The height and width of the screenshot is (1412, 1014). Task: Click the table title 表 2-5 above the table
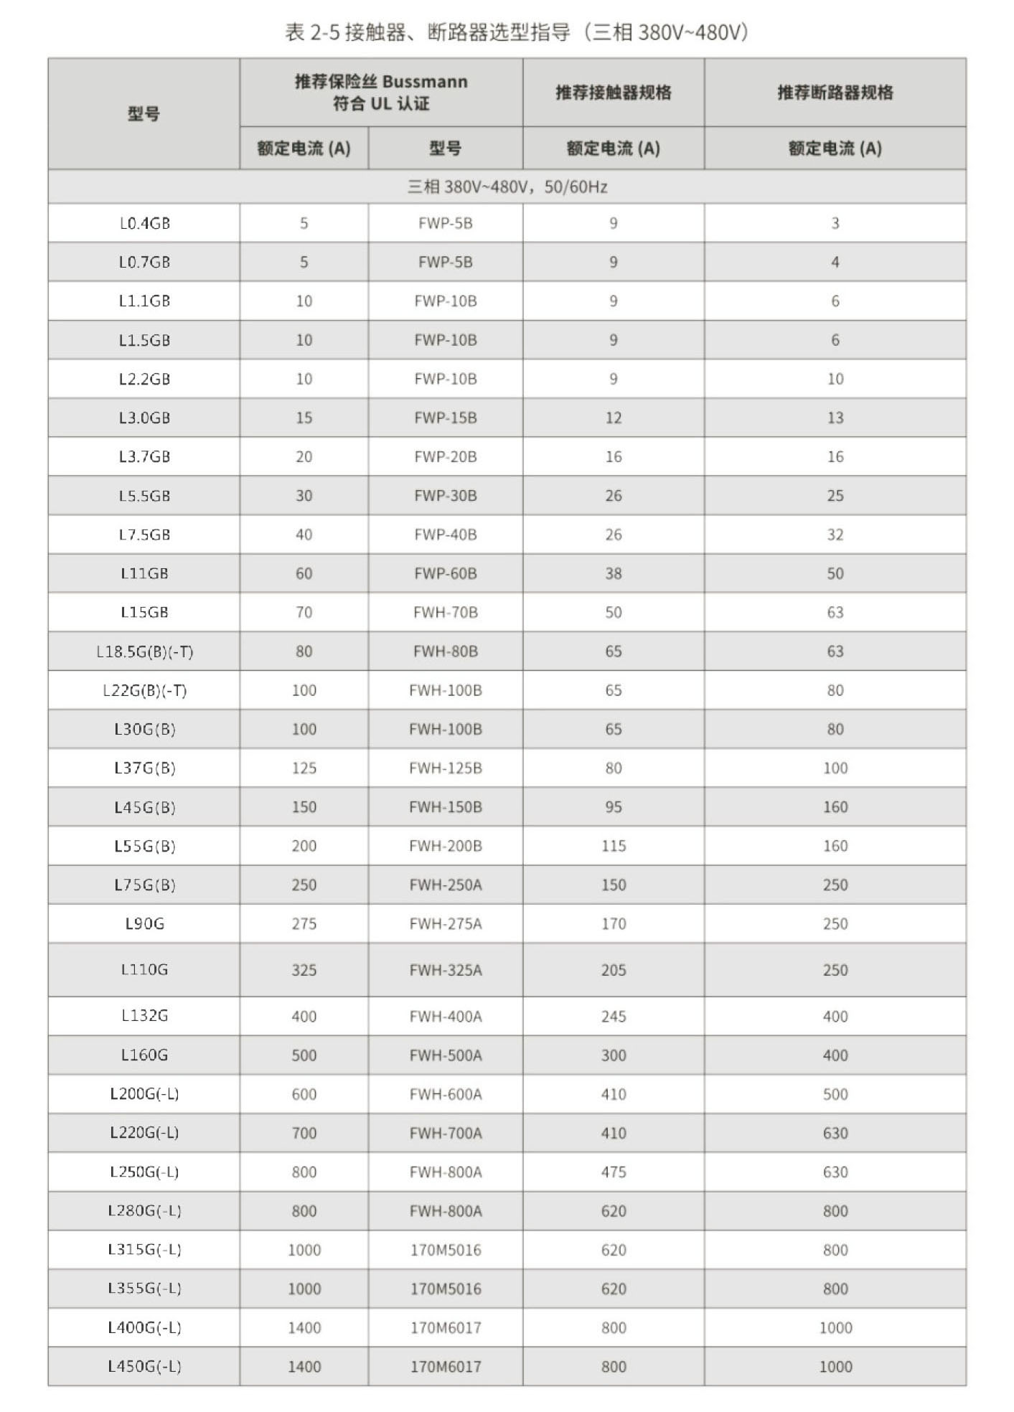click(x=516, y=32)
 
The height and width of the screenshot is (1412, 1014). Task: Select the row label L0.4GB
click(x=144, y=223)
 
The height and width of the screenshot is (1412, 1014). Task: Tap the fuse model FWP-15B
click(x=445, y=418)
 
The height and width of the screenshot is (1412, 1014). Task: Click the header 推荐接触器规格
click(x=613, y=93)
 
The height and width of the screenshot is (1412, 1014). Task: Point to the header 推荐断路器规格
click(x=835, y=93)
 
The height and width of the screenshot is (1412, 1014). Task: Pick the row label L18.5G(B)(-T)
click(x=144, y=651)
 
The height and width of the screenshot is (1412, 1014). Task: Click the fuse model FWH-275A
click(x=445, y=923)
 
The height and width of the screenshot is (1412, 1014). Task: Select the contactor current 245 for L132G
click(x=613, y=1016)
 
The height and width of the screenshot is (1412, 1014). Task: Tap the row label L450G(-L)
click(x=144, y=1366)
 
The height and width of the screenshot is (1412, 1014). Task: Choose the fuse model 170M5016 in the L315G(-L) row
click(x=445, y=1250)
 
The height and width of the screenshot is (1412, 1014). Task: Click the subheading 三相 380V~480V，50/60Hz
click(x=507, y=187)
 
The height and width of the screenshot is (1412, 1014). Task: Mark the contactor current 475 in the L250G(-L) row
click(x=613, y=1172)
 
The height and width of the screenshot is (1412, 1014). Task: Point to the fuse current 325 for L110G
click(x=304, y=970)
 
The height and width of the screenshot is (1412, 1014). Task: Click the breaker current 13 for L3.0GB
click(x=835, y=418)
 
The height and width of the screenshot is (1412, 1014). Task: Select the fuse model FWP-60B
click(x=445, y=573)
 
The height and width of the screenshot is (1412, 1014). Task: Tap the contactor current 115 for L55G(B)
click(x=613, y=846)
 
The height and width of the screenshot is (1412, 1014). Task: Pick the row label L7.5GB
click(x=144, y=535)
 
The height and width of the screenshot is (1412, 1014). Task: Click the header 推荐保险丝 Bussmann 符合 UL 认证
click(x=381, y=93)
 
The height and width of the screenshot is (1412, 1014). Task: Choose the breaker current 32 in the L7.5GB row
click(x=835, y=535)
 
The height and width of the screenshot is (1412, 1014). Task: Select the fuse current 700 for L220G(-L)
click(x=304, y=1133)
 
